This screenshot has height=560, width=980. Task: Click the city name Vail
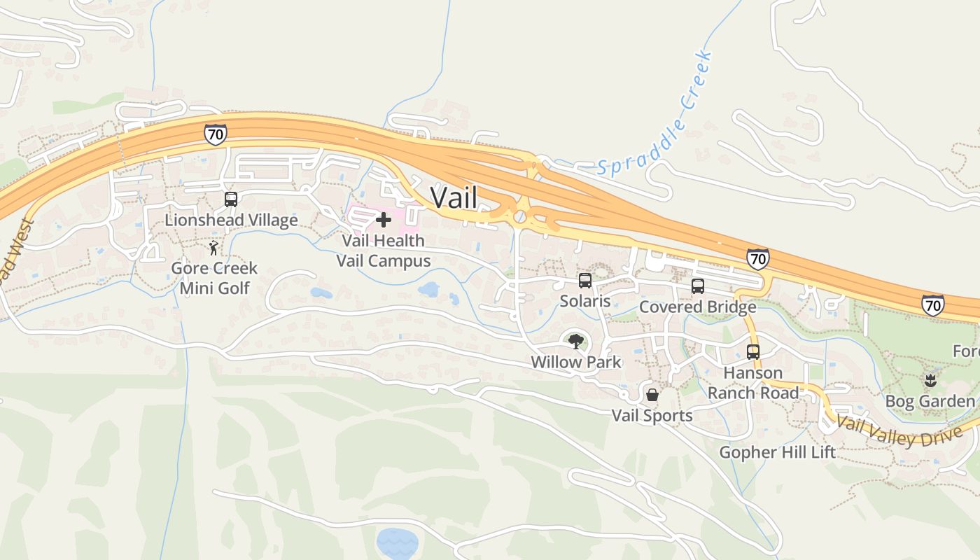coord(454,197)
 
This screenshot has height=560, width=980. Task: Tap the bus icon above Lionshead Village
coord(231,199)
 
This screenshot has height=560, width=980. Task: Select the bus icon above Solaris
coord(585,281)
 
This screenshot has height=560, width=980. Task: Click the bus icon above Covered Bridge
coord(698,286)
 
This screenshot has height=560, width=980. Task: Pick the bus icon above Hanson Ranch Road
coord(753,352)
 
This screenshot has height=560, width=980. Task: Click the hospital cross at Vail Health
coord(384,220)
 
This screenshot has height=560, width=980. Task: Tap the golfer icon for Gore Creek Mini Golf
coord(214,248)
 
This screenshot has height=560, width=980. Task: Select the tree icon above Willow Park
coord(576,342)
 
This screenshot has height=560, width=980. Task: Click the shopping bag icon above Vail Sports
coord(652,395)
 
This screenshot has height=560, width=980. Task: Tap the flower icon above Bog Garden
coord(930,381)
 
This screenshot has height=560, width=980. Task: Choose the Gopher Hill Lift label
coord(778,452)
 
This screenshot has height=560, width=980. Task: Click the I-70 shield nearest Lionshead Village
coord(216,134)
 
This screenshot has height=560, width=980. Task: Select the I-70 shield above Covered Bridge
coord(757,259)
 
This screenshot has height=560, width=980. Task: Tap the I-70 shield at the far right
coord(932,305)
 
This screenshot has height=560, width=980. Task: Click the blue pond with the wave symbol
coord(398,542)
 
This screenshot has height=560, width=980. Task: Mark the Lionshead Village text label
coord(231,220)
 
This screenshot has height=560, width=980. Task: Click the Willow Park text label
coord(576,362)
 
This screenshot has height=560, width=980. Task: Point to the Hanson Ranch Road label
coord(753,383)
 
